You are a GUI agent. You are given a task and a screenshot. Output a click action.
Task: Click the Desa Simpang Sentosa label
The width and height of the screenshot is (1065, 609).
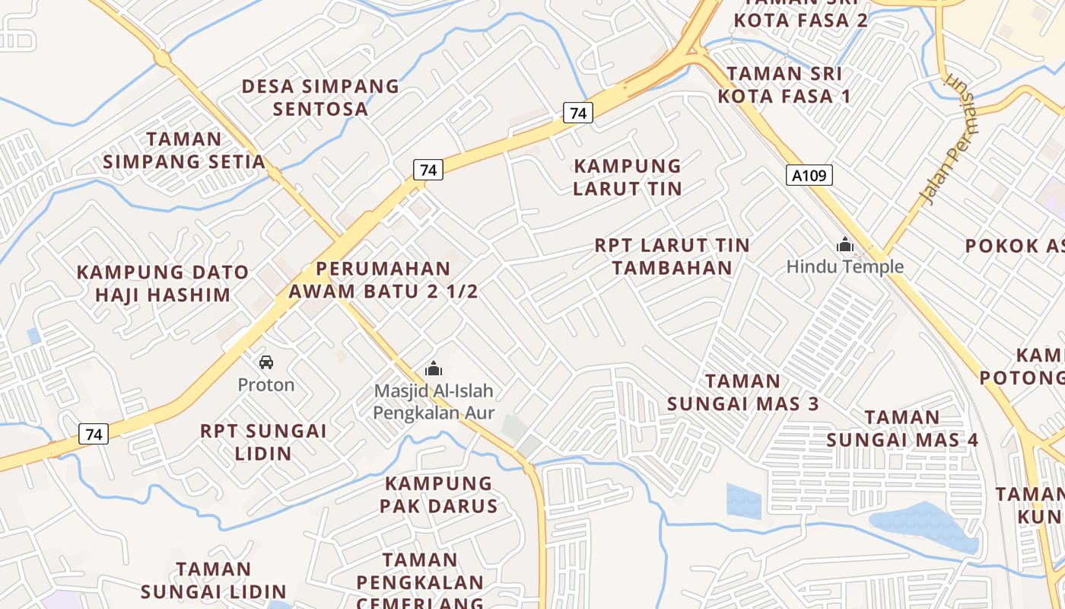(320, 97)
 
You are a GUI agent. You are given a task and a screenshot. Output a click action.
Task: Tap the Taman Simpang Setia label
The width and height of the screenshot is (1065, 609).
(184, 150)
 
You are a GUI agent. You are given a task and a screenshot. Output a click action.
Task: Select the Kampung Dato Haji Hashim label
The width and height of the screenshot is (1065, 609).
(163, 283)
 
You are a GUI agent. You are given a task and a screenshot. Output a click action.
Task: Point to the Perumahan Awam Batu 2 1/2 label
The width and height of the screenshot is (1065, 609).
(383, 279)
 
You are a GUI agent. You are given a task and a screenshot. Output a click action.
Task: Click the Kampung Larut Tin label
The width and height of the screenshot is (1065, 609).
(628, 177)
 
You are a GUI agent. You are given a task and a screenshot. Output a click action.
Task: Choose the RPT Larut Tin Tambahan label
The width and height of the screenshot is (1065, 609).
(672, 257)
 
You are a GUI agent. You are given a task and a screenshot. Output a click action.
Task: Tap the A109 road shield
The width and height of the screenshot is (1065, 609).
(809, 176)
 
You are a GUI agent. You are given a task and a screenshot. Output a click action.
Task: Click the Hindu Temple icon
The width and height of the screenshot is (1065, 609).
(844, 245)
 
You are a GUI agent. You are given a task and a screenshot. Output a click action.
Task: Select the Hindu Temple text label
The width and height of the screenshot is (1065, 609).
(844, 266)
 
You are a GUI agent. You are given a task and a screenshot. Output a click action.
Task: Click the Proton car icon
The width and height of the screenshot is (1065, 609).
(266, 362)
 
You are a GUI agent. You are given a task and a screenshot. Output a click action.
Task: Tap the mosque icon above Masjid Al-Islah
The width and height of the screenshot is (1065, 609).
(434, 369)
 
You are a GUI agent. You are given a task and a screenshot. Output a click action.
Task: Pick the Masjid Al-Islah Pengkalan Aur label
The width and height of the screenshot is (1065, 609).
(434, 402)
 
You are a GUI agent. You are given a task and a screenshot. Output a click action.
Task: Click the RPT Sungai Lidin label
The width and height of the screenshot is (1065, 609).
(263, 442)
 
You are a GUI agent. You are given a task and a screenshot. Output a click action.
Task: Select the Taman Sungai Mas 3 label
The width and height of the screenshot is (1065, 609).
(743, 392)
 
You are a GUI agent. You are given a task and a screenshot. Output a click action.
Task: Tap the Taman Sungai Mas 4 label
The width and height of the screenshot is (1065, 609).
(902, 429)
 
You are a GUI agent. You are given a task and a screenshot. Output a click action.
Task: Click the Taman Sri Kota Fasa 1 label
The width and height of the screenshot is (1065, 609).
(784, 84)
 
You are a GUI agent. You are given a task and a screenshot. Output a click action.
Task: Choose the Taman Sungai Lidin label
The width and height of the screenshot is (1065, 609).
(214, 580)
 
